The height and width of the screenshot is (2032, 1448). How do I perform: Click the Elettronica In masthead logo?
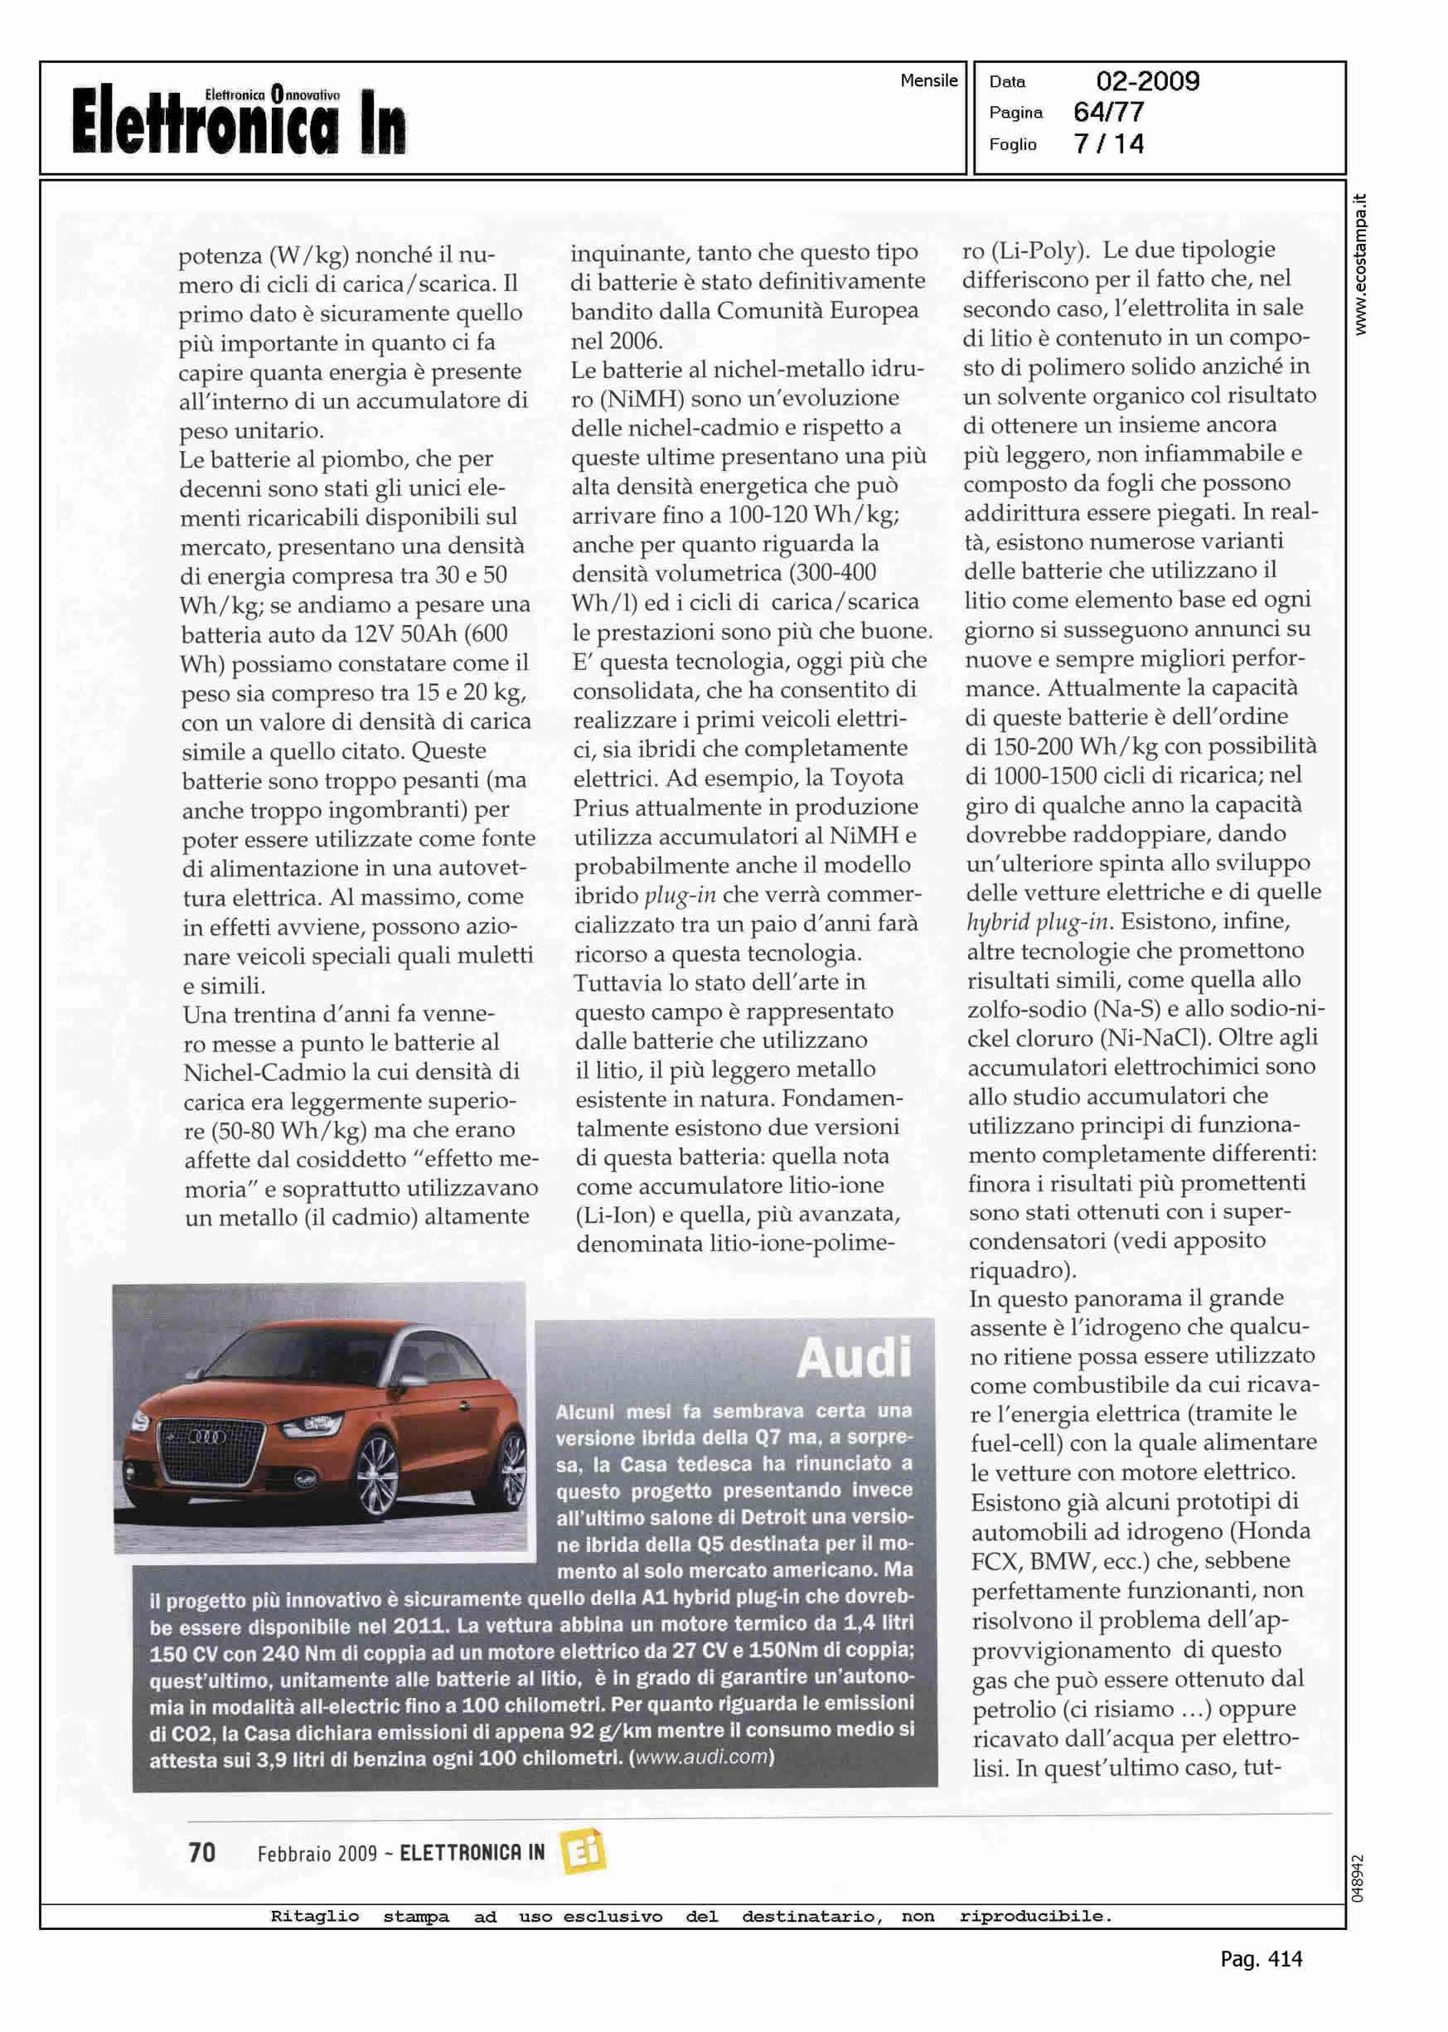pos(238,120)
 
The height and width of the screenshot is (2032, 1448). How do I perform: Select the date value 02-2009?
pos(1147,81)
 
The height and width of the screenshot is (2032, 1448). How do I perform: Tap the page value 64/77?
pos(1108,113)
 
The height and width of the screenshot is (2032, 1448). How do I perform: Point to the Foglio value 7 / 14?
pos(1108,143)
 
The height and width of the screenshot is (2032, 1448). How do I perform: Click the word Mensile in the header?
pos(928,80)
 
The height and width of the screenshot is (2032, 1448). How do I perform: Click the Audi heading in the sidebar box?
pos(855,1358)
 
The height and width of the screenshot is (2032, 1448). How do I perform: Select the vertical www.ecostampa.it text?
pos(1361,264)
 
